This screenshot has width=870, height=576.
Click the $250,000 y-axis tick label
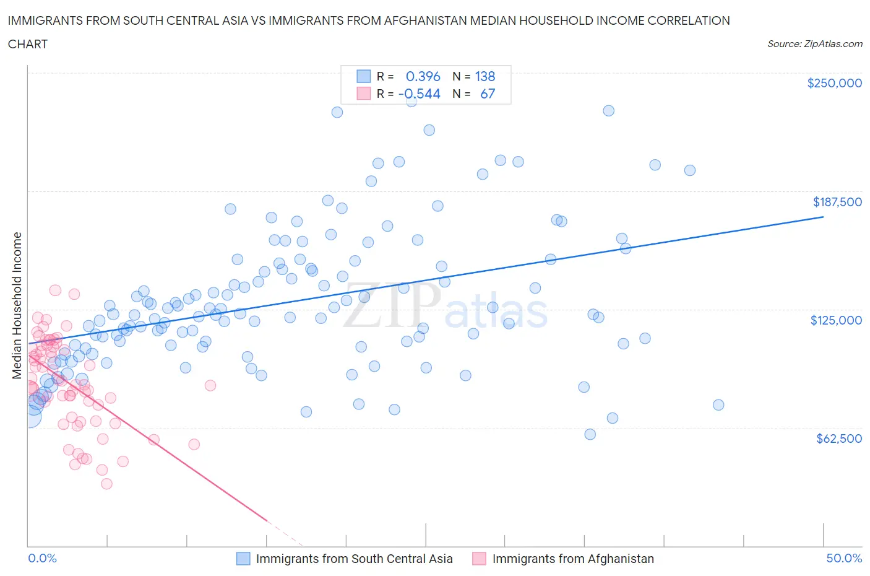(x=834, y=84)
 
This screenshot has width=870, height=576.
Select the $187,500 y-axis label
(x=837, y=202)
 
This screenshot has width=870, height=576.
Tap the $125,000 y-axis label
(x=835, y=320)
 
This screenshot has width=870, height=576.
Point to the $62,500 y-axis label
(x=838, y=439)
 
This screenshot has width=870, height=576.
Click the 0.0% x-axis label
(x=42, y=559)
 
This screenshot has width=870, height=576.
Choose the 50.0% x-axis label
(x=844, y=559)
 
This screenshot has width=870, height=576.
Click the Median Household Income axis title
(x=17, y=305)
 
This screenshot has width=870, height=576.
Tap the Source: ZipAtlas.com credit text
(x=814, y=44)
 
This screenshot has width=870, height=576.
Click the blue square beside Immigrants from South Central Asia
(x=243, y=559)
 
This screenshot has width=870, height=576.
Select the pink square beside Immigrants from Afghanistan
(x=479, y=559)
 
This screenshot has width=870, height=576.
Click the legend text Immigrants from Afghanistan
(x=573, y=559)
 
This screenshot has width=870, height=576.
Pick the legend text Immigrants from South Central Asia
(x=354, y=559)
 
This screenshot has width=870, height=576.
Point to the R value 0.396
(x=423, y=76)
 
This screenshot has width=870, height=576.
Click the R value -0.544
(x=420, y=94)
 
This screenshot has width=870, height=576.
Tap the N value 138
(x=485, y=76)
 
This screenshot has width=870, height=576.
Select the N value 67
(x=488, y=94)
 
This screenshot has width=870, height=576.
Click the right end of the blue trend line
(x=823, y=217)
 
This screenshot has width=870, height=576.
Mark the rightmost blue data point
(x=718, y=405)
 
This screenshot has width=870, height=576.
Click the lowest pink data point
(x=106, y=484)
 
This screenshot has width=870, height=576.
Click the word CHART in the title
(x=28, y=44)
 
